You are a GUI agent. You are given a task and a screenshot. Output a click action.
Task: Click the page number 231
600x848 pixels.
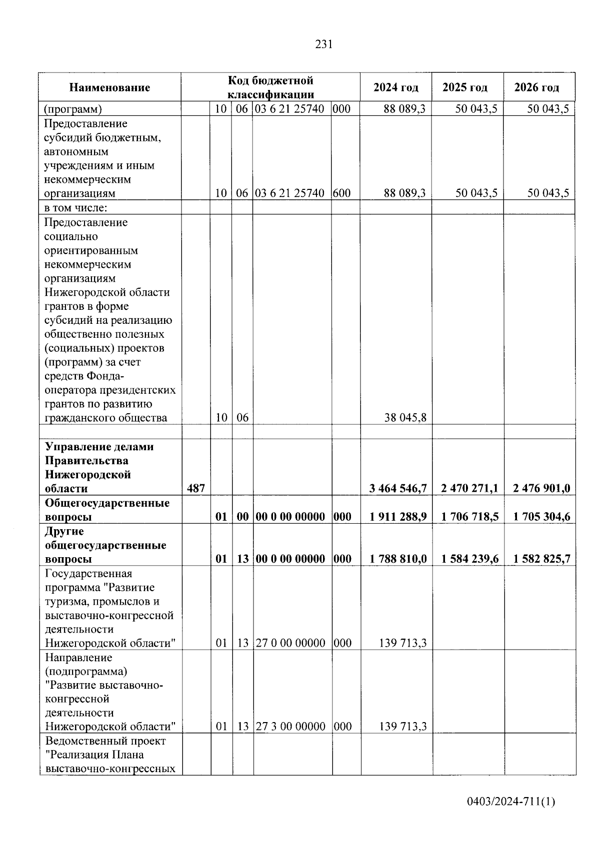(x=323, y=44)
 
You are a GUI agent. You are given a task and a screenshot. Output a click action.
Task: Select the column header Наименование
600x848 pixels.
(x=109, y=88)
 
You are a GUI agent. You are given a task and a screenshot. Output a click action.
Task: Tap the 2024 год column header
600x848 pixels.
(x=395, y=87)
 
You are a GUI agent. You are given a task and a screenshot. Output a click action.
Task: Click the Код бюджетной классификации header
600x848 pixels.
(x=270, y=87)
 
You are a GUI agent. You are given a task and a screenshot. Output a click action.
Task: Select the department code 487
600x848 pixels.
(x=195, y=489)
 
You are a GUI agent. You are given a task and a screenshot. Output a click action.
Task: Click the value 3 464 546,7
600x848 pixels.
(x=398, y=489)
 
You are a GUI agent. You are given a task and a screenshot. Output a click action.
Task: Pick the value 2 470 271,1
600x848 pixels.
(x=469, y=489)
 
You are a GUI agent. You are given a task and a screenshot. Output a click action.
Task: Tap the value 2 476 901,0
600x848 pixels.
(x=541, y=489)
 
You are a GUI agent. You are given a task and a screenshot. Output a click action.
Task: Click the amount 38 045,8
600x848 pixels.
(x=405, y=418)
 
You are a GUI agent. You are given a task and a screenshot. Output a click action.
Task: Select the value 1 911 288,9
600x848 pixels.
(x=398, y=517)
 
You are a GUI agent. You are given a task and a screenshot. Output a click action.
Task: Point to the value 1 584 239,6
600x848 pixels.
(x=469, y=559)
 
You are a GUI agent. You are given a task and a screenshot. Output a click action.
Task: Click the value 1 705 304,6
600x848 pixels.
(x=541, y=517)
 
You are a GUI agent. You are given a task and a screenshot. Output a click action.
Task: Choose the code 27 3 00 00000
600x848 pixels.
(x=290, y=727)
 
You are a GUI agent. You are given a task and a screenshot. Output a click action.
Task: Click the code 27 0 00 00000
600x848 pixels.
(x=290, y=643)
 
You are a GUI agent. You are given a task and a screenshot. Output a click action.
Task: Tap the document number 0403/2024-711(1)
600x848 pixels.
(x=511, y=802)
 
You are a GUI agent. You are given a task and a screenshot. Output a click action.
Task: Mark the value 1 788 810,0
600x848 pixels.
(x=398, y=559)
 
